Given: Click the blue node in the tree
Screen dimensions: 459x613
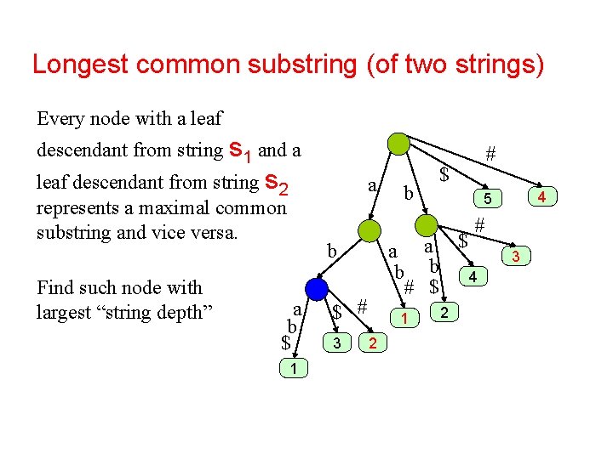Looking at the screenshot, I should [318, 289].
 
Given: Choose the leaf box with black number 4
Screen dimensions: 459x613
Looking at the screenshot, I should [473, 276].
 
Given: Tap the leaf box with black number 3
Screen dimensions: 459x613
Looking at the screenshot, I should [337, 342].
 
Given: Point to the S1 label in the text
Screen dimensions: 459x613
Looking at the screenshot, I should [240, 152].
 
